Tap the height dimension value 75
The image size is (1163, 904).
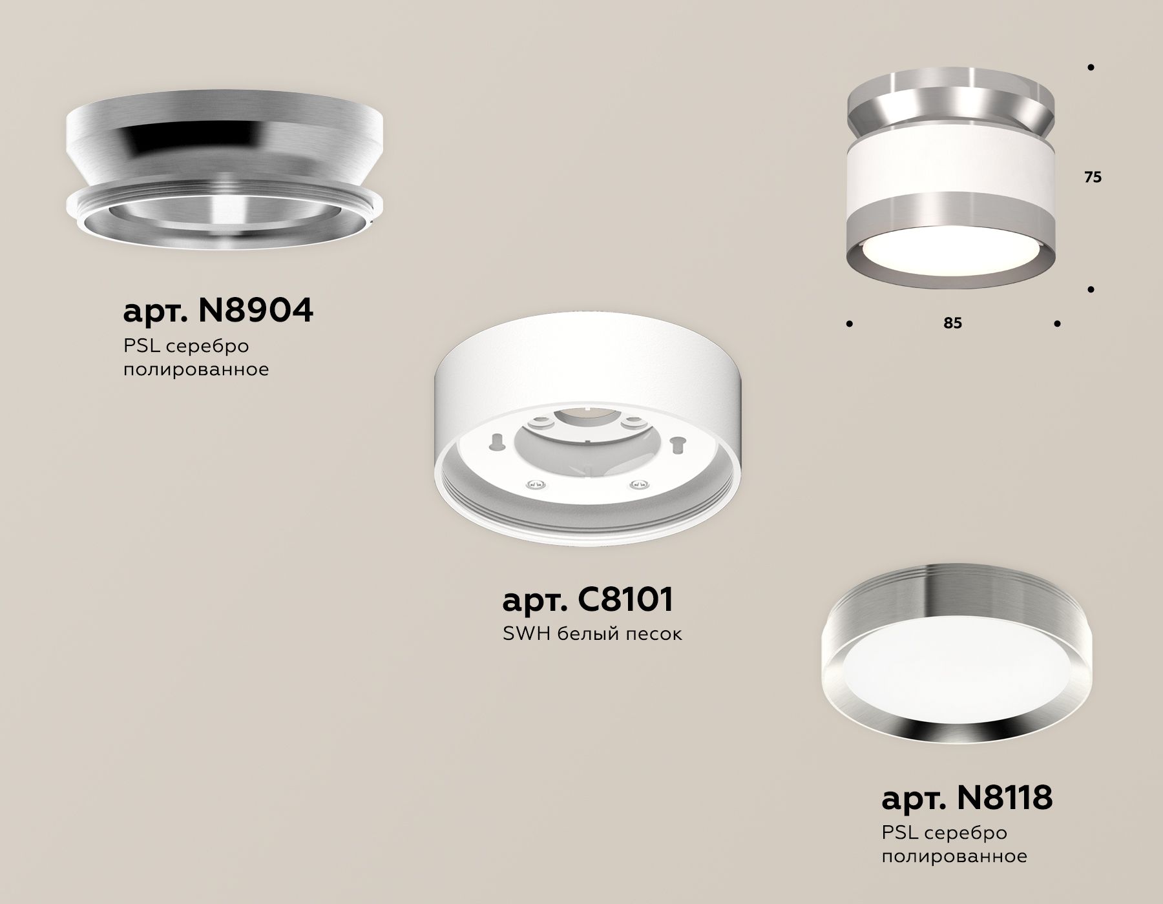click(1093, 178)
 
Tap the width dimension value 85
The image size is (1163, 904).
click(952, 323)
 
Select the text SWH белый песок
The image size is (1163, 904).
click(592, 634)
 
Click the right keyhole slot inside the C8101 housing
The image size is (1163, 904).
click(678, 445)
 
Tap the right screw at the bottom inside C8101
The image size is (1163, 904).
click(640, 484)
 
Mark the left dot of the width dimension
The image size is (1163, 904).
click(848, 324)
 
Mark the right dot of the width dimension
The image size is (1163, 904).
click(1057, 324)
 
